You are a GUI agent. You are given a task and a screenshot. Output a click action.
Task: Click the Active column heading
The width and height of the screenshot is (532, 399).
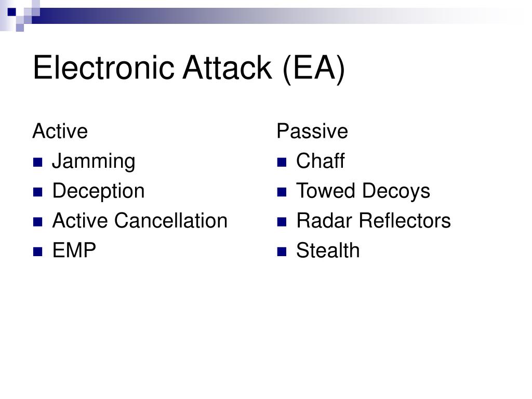pos(60,131)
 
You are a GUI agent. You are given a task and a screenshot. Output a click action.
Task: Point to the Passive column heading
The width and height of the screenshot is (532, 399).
pos(312,131)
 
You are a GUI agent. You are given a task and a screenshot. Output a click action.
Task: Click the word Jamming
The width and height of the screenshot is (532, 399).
pos(94,162)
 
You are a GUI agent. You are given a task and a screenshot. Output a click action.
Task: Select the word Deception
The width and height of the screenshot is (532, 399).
pos(98,192)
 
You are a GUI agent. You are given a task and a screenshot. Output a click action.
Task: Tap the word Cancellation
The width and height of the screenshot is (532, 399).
pos(171,221)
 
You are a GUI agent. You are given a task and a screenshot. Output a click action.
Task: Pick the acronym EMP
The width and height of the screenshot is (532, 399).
pos(74,251)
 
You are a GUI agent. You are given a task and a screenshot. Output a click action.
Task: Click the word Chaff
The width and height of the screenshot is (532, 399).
pos(320,162)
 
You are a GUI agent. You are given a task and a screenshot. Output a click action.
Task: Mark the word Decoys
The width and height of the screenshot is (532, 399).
pos(396,192)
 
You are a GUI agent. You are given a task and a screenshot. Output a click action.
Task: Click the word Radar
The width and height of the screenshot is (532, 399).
pos(325,221)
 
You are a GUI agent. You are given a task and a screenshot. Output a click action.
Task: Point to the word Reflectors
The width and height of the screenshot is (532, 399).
pos(405,221)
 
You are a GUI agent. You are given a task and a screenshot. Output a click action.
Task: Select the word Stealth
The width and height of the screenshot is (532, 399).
pos(328,251)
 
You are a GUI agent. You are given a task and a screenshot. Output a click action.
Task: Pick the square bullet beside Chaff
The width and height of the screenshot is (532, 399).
pos(282,163)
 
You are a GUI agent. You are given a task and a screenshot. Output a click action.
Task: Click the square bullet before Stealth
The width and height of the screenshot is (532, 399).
pos(282,252)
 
